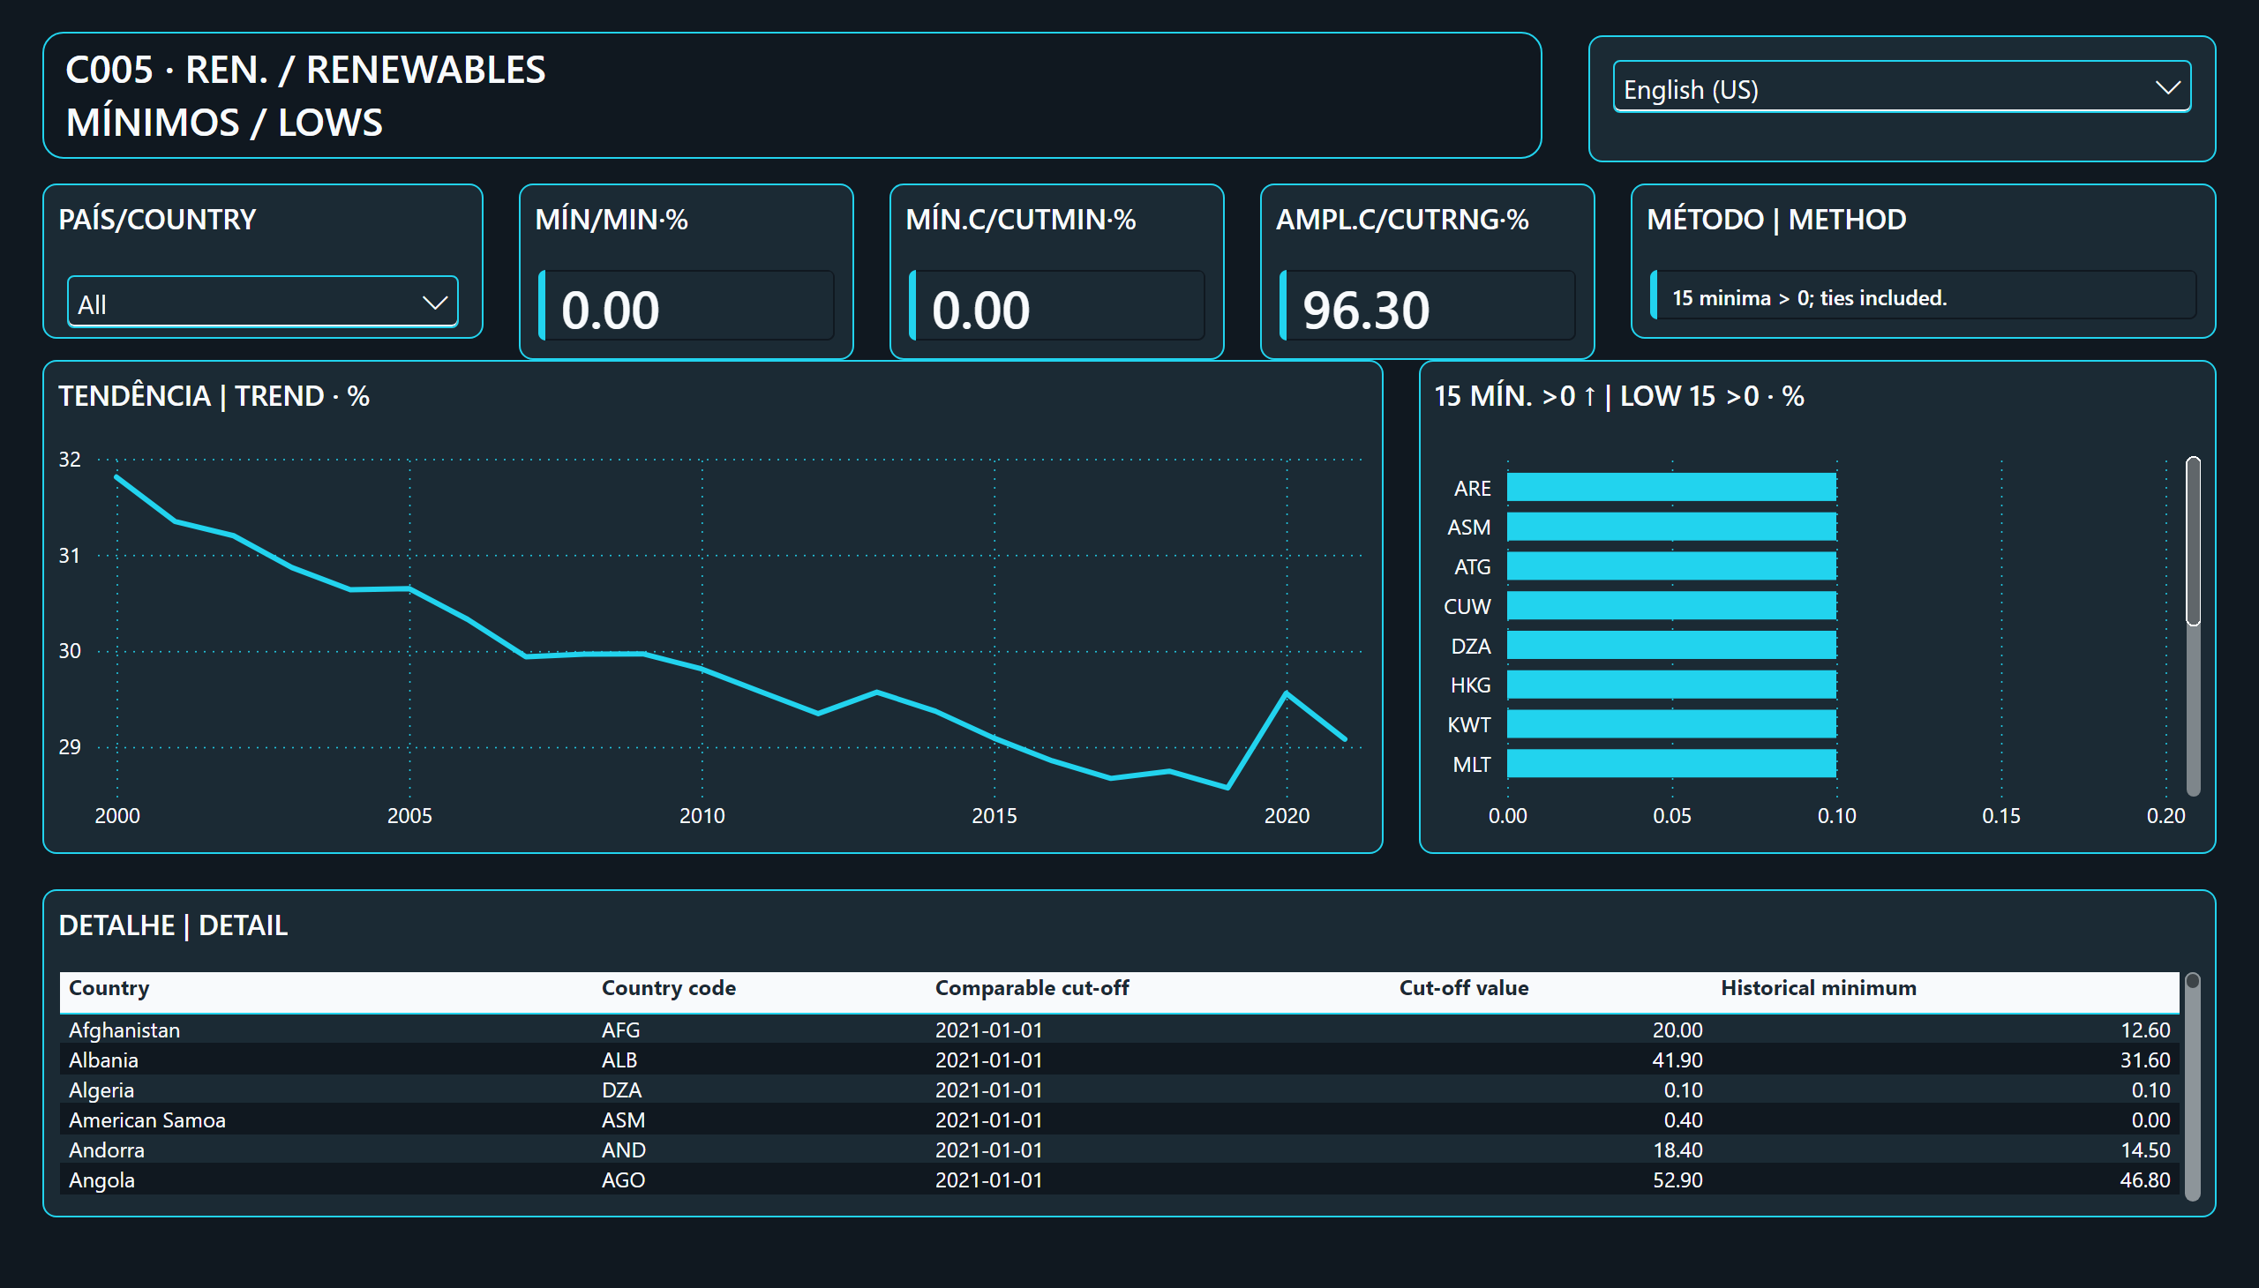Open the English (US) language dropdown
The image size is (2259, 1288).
coord(1902,87)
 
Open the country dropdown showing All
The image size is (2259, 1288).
coord(263,303)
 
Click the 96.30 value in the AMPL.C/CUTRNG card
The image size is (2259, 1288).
coord(1365,310)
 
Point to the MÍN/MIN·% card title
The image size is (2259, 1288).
coord(612,220)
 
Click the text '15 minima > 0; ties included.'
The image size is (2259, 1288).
coord(1810,298)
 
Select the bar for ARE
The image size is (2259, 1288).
coord(1671,488)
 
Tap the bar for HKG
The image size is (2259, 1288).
coord(1671,685)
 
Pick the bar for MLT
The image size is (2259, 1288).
coord(1671,763)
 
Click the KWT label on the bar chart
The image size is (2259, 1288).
coord(1469,725)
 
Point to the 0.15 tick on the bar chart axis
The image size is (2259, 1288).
coord(2000,816)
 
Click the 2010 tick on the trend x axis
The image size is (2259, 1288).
coord(702,816)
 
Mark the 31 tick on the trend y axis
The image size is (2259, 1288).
coord(69,556)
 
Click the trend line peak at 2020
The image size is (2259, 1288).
coord(1287,693)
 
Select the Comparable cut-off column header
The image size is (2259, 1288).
coord(1032,988)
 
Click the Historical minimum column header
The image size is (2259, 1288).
coord(1819,988)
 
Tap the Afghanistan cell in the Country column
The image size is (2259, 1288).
coord(124,1030)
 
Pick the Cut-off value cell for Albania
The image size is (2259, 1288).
coord(1677,1060)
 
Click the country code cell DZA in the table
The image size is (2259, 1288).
coord(621,1090)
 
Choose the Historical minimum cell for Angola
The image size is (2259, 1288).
coord(2145,1180)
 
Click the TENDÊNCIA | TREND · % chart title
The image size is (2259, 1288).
coord(214,395)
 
